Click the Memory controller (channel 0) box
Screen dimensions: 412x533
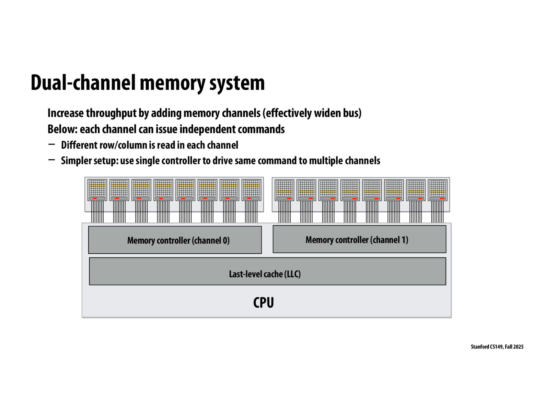tap(175, 240)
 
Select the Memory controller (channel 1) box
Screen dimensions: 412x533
tap(359, 239)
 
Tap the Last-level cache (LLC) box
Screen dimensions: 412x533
tap(267, 271)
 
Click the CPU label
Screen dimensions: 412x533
tap(263, 302)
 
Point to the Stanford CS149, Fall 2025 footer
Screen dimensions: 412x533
tap(497, 347)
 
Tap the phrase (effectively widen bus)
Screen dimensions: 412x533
tap(313, 113)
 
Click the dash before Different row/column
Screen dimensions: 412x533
tap(52, 144)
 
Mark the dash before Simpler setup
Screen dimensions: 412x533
tap(52, 160)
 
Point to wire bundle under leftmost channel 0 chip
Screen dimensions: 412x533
tap(97, 212)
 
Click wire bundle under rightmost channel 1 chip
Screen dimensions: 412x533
tap(438, 212)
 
